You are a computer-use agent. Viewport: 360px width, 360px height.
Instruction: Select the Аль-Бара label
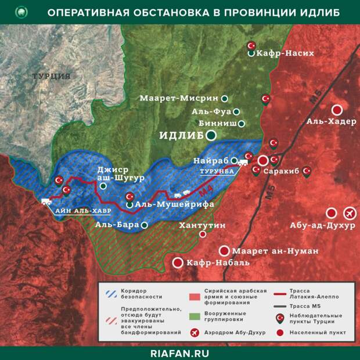[116, 224]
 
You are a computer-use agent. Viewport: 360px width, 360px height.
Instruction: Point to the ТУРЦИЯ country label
[51, 76]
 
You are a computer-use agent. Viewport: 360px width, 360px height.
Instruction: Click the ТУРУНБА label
[216, 172]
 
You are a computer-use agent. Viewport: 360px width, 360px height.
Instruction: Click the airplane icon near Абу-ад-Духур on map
[349, 213]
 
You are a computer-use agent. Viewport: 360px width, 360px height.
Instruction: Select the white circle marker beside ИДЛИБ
[211, 135]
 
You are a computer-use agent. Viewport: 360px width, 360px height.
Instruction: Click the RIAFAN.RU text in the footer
[179, 352]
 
